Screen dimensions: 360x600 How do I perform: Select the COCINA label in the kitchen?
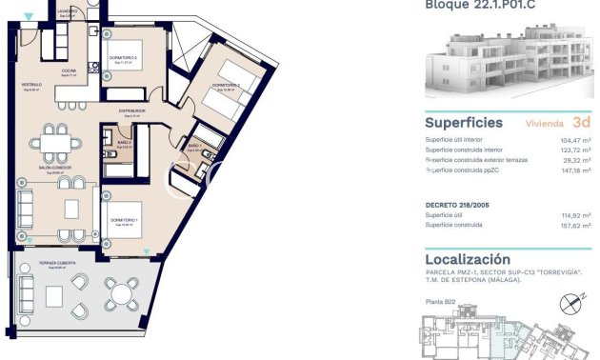(69, 70)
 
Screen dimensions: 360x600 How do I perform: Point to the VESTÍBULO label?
(32, 85)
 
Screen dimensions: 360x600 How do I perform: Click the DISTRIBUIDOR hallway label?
(131, 110)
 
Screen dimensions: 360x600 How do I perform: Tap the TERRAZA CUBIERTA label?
(47, 265)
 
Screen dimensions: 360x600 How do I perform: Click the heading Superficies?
(464, 123)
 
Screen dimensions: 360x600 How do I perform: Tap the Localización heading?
(468, 259)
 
